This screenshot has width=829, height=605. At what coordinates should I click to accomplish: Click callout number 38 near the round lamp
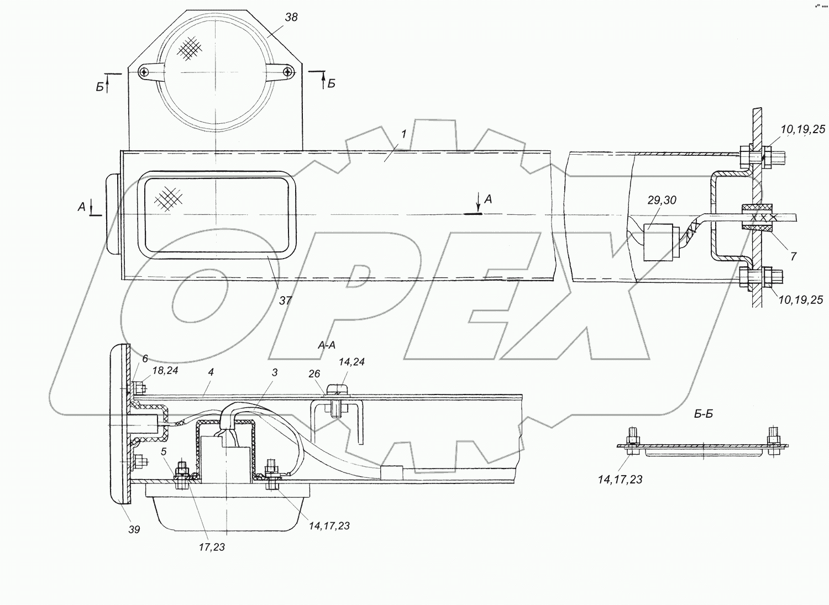coord(291,17)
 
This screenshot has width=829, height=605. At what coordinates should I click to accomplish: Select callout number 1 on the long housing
coord(403,134)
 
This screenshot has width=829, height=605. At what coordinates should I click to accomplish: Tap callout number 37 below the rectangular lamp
coord(285,301)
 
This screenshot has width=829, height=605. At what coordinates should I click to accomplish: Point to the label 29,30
coord(662,200)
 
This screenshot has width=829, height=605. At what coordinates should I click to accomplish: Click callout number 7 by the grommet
coord(793,256)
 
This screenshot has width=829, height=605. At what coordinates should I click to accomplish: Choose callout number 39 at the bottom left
coord(134,529)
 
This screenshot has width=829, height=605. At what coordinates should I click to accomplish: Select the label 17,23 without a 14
coord(212,547)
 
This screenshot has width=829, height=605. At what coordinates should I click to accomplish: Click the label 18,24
coord(165,371)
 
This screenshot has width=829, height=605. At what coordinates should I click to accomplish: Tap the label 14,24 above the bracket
coord(351,362)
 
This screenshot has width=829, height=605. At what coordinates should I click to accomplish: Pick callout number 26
coord(314,374)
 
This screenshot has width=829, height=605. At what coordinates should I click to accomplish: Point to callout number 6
coord(145,358)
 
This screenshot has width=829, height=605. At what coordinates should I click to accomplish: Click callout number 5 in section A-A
coord(164,451)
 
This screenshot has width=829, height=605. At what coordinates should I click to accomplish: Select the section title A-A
coord(327,345)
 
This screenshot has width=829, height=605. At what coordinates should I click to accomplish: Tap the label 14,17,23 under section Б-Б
coord(620,479)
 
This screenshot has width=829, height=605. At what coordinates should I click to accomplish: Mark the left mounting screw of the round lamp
coord(144,72)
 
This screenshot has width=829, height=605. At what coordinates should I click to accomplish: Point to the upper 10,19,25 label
coord(803,129)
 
